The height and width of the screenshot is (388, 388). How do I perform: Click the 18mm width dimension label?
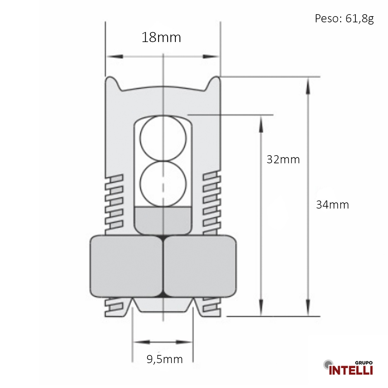[161, 38]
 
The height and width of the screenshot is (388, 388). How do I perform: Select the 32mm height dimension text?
[283, 159]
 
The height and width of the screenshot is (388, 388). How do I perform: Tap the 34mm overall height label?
[332, 205]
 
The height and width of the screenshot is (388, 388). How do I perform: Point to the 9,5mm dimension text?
[165, 359]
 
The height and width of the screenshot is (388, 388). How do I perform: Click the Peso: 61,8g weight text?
[344, 19]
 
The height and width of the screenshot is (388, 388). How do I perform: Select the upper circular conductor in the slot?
[163, 138]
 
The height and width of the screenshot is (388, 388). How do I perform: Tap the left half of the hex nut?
[126, 266]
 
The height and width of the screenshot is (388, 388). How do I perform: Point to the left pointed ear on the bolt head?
[112, 81]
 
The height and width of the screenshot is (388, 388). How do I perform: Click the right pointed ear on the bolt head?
[215, 81]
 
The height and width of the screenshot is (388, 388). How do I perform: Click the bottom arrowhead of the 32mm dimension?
[261, 307]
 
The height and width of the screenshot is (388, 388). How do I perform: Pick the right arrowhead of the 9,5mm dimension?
[184, 342]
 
